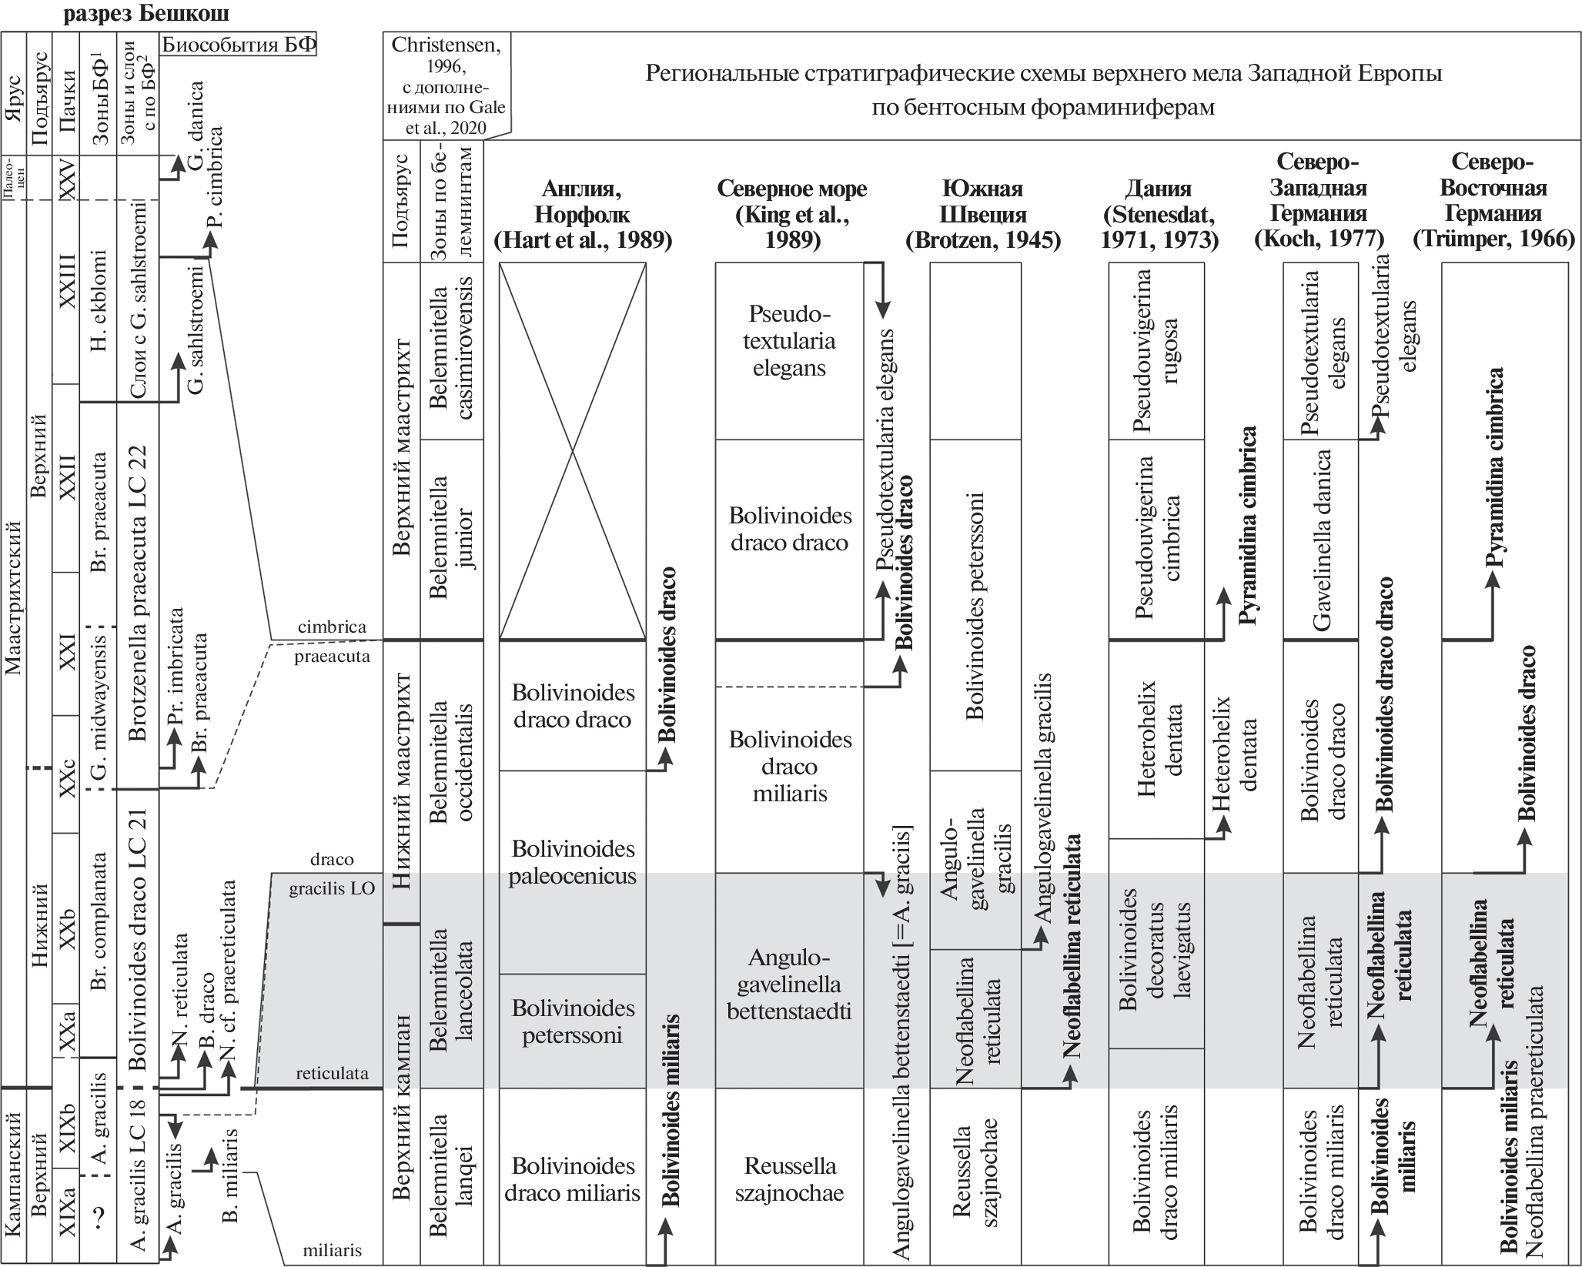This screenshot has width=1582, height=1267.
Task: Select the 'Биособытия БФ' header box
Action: click(x=239, y=45)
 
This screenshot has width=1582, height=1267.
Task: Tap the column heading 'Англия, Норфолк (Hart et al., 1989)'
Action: click(x=582, y=214)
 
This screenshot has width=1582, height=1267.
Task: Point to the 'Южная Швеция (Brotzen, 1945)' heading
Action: click(x=982, y=214)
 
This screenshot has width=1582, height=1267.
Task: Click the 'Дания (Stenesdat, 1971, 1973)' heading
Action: click(x=1159, y=214)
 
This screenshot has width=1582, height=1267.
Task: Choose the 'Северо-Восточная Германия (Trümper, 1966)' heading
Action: click(x=1493, y=200)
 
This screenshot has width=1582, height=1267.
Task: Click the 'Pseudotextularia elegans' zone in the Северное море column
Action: click(x=789, y=341)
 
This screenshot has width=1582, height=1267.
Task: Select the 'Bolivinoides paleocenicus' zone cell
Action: click(x=572, y=862)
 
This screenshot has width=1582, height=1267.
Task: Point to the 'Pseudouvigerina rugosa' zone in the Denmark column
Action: click(x=1157, y=350)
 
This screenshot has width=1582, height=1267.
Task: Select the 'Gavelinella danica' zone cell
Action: click(x=1321, y=539)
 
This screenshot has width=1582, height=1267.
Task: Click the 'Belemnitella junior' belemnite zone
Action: click(x=451, y=539)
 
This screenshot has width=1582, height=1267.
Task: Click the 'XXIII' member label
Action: click(x=67, y=282)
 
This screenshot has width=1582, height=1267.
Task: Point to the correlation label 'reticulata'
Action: click(x=332, y=1073)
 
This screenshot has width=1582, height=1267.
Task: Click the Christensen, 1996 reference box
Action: click(x=446, y=85)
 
